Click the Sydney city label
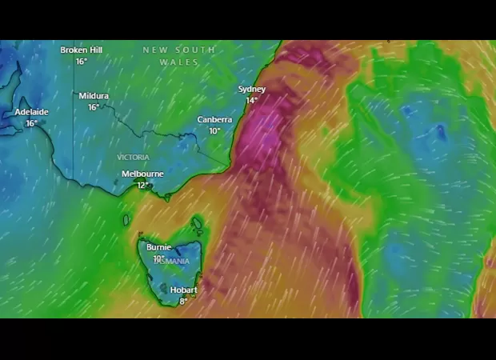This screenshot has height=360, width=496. [x=252, y=90]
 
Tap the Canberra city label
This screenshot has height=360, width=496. [x=214, y=120]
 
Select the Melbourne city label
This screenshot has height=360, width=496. [x=142, y=174]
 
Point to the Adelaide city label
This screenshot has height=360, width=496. [x=31, y=113]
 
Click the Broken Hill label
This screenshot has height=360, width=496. [x=81, y=50]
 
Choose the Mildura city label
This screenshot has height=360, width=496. [x=94, y=96]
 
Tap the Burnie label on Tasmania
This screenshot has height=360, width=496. [x=158, y=248]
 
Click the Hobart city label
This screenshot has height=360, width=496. [x=183, y=290]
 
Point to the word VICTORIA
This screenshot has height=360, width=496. [x=133, y=158]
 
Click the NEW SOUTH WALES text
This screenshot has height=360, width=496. [x=178, y=55]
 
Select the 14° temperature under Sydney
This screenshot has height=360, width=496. [x=252, y=101]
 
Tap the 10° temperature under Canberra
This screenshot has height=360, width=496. [x=214, y=131]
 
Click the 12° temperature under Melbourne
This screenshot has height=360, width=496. [x=142, y=185]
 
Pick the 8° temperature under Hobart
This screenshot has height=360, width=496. [x=183, y=301]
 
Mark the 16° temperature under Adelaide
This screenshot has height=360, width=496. [x=31, y=124]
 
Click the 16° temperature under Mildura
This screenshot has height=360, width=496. [x=94, y=107]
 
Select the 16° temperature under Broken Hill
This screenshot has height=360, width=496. [x=81, y=62]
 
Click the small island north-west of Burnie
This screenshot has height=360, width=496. [x=126, y=219]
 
